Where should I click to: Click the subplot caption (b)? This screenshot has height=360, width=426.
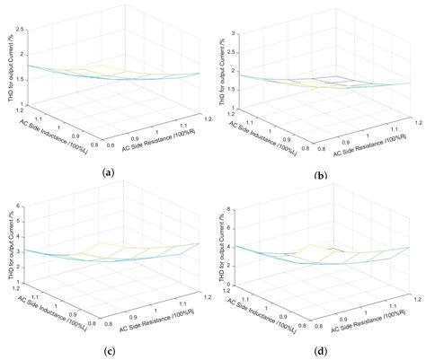click(x=321, y=175)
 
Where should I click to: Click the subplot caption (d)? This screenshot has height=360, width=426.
click(x=321, y=348)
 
